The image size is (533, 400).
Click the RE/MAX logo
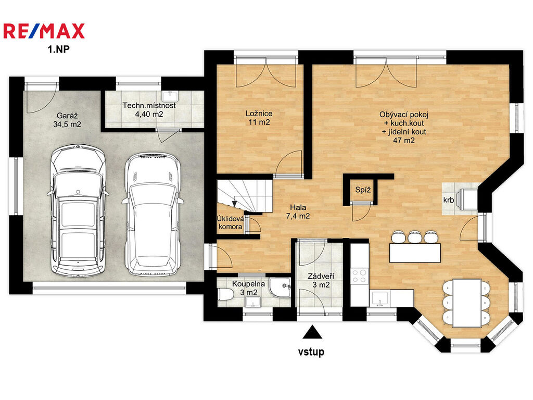[x=44, y=31]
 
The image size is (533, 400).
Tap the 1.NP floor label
[x=58, y=49]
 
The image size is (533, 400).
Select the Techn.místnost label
[x=149, y=105]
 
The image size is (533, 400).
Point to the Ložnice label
[x=259, y=113]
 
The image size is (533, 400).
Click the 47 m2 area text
[x=404, y=140]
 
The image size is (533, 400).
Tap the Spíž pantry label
[x=363, y=190]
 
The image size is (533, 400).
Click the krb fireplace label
[x=448, y=200]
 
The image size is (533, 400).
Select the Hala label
[x=298, y=207]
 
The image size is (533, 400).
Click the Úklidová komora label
[x=230, y=223]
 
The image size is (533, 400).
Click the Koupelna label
[x=248, y=284]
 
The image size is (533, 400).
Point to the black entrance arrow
[x=312, y=332]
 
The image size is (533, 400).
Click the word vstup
[x=311, y=352]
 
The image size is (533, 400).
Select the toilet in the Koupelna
[x=225, y=294]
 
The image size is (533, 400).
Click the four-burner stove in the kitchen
[x=360, y=276]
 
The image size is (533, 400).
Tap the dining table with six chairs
[x=467, y=303]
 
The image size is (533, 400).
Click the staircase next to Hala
[x=245, y=196]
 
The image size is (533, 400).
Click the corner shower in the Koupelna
[x=281, y=287]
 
